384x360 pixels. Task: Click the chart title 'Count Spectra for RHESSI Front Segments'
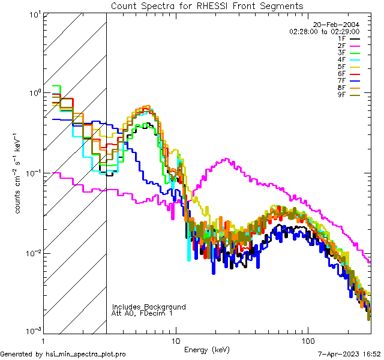pyautogui.click(x=207, y=5)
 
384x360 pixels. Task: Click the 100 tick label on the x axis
pyautogui.click(x=308, y=340)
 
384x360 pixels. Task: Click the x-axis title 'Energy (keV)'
pyautogui.click(x=207, y=349)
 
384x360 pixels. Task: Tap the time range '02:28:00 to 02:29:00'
pyautogui.click(x=324, y=31)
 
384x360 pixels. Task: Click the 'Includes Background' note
pyautogui.click(x=148, y=307)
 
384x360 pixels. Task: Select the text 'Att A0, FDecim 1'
pyautogui.click(x=142, y=313)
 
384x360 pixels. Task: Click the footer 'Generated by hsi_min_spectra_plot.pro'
pyautogui.click(x=64, y=354)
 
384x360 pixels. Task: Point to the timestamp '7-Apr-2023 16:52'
pyautogui.click(x=349, y=354)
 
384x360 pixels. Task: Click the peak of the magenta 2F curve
pyautogui.click(x=226, y=159)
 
